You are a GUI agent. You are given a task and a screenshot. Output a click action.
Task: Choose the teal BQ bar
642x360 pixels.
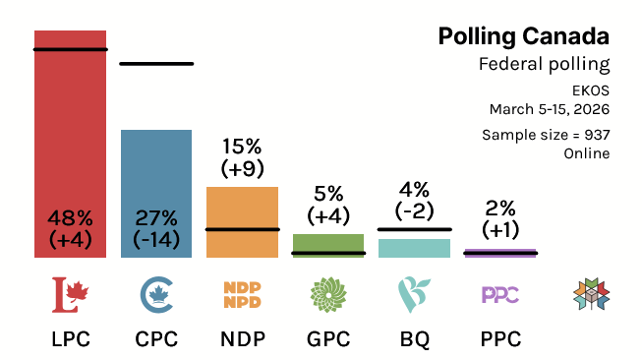414,248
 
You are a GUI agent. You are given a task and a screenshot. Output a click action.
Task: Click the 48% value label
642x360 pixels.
70,218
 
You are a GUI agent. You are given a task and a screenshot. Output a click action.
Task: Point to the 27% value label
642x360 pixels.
156,218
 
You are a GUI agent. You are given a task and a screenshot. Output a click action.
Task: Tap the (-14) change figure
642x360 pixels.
156,239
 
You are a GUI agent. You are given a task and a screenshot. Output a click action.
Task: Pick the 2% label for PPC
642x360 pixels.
500,208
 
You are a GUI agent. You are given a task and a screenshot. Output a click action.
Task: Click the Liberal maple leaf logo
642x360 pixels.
70,292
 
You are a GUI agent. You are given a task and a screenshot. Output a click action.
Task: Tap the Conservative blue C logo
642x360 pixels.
156,292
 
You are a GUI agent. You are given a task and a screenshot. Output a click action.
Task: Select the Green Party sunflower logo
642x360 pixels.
328,292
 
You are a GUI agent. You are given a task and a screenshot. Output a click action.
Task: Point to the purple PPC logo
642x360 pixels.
500,293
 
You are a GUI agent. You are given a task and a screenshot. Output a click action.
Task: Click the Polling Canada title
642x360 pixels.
523,37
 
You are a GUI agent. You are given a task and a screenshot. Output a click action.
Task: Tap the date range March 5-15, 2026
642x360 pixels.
550,108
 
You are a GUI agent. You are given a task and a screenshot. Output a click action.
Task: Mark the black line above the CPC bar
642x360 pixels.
156,64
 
